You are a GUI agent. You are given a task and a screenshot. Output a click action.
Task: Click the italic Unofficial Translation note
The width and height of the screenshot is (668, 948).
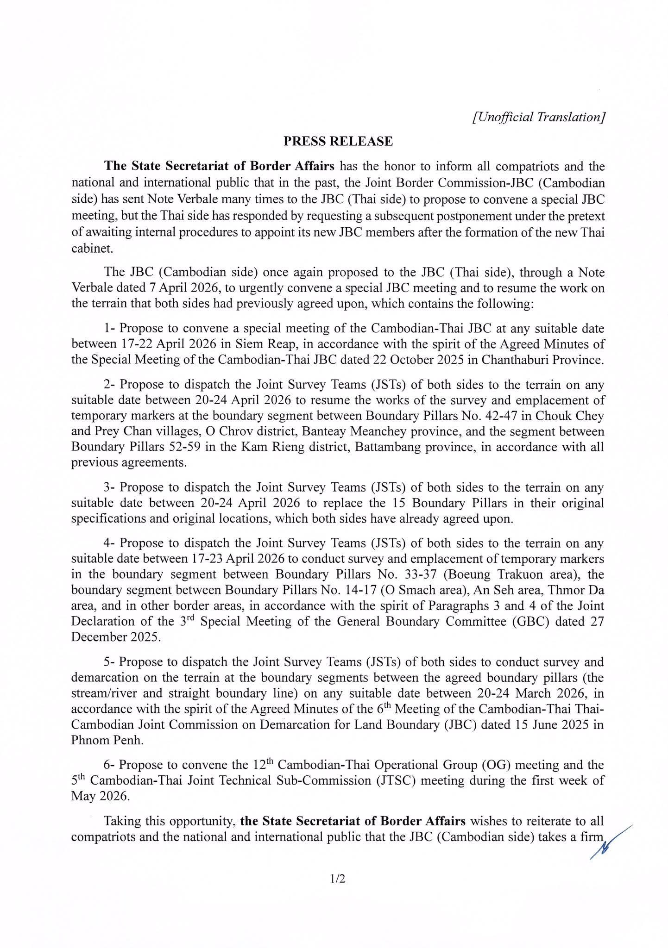click(x=538, y=117)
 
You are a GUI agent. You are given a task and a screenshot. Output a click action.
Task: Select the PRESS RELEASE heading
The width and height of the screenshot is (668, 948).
click(x=338, y=141)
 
